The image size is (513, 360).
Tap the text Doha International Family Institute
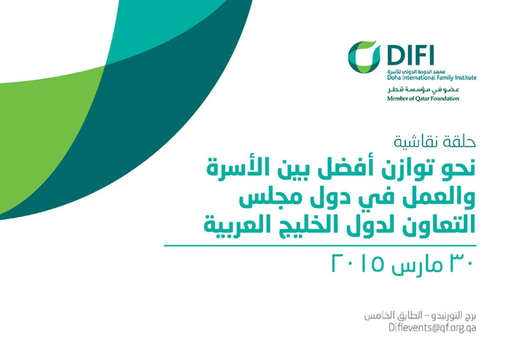pyautogui.click(x=432, y=78)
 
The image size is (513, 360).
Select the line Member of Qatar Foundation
pyautogui.click(x=423, y=98)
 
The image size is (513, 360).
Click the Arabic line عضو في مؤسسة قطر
pyautogui.click(x=423, y=90)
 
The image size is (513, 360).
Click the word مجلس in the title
pyautogui.click(x=266, y=199)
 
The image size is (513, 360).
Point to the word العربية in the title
pyautogui.click(x=233, y=225)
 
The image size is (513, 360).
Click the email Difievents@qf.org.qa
pyautogui.click(x=432, y=327)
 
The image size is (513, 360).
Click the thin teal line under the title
pyautogui.click(x=320, y=245)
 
